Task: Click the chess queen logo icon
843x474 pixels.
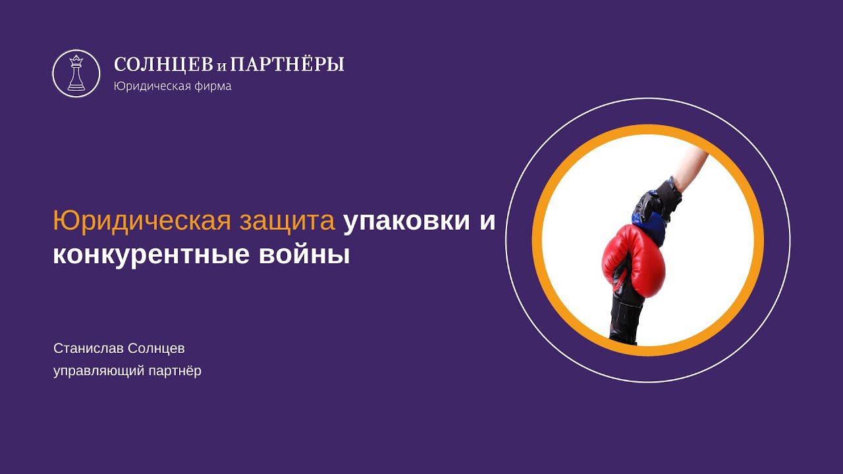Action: (76, 73)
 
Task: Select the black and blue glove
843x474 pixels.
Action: (655, 203)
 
